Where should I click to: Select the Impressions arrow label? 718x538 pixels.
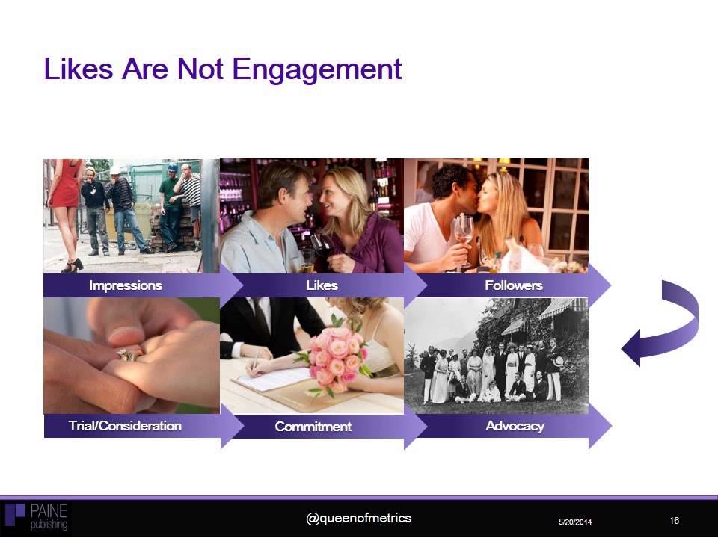pyautogui.click(x=125, y=285)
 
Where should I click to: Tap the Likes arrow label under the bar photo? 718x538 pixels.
pyautogui.click(x=322, y=285)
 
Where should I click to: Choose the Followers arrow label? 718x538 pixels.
pyautogui.click(x=513, y=285)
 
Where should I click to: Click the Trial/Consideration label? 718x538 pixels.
pyautogui.click(x=125, y=426)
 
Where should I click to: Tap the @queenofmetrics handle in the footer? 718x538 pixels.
pyautogui.click(x=359, y=518)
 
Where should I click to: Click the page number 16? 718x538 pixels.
pyautogui.click(x=674, y=520)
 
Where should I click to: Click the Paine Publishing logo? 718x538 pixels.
pyautogui.click(x=37, y=516)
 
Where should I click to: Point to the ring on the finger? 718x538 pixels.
pyautogui.click(x=126, y=355)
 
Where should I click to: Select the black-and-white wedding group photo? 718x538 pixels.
pyautogui.click(x=496, y=356)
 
